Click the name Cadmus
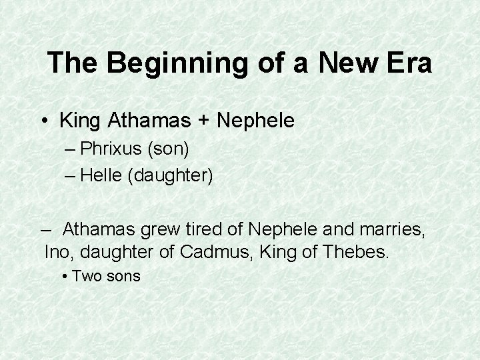(x=214, y=252)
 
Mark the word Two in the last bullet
(x=85, y=275)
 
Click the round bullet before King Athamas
(x=43, y=121)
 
